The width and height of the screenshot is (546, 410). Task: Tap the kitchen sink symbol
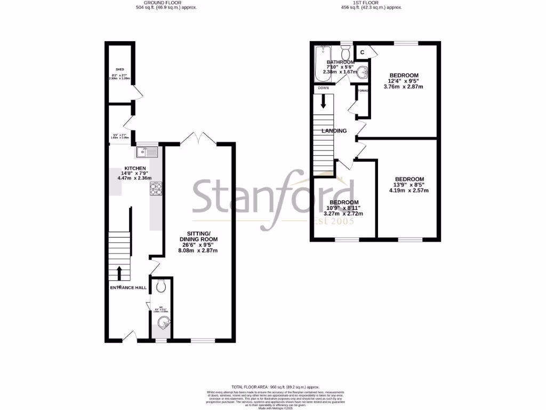[147, 152]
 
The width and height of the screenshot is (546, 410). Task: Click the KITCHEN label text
[134, 168]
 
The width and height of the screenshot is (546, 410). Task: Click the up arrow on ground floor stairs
[118, 273]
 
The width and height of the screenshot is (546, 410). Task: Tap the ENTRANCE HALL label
[128, 288]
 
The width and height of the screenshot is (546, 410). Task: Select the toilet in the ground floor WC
[162, 287]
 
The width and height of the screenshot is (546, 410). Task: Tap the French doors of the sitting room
[198, 138]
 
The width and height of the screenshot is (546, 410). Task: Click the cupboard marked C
[363, 52]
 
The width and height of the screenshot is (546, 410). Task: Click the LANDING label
[334, 131]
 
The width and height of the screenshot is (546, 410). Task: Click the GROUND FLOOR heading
[163, 3]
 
